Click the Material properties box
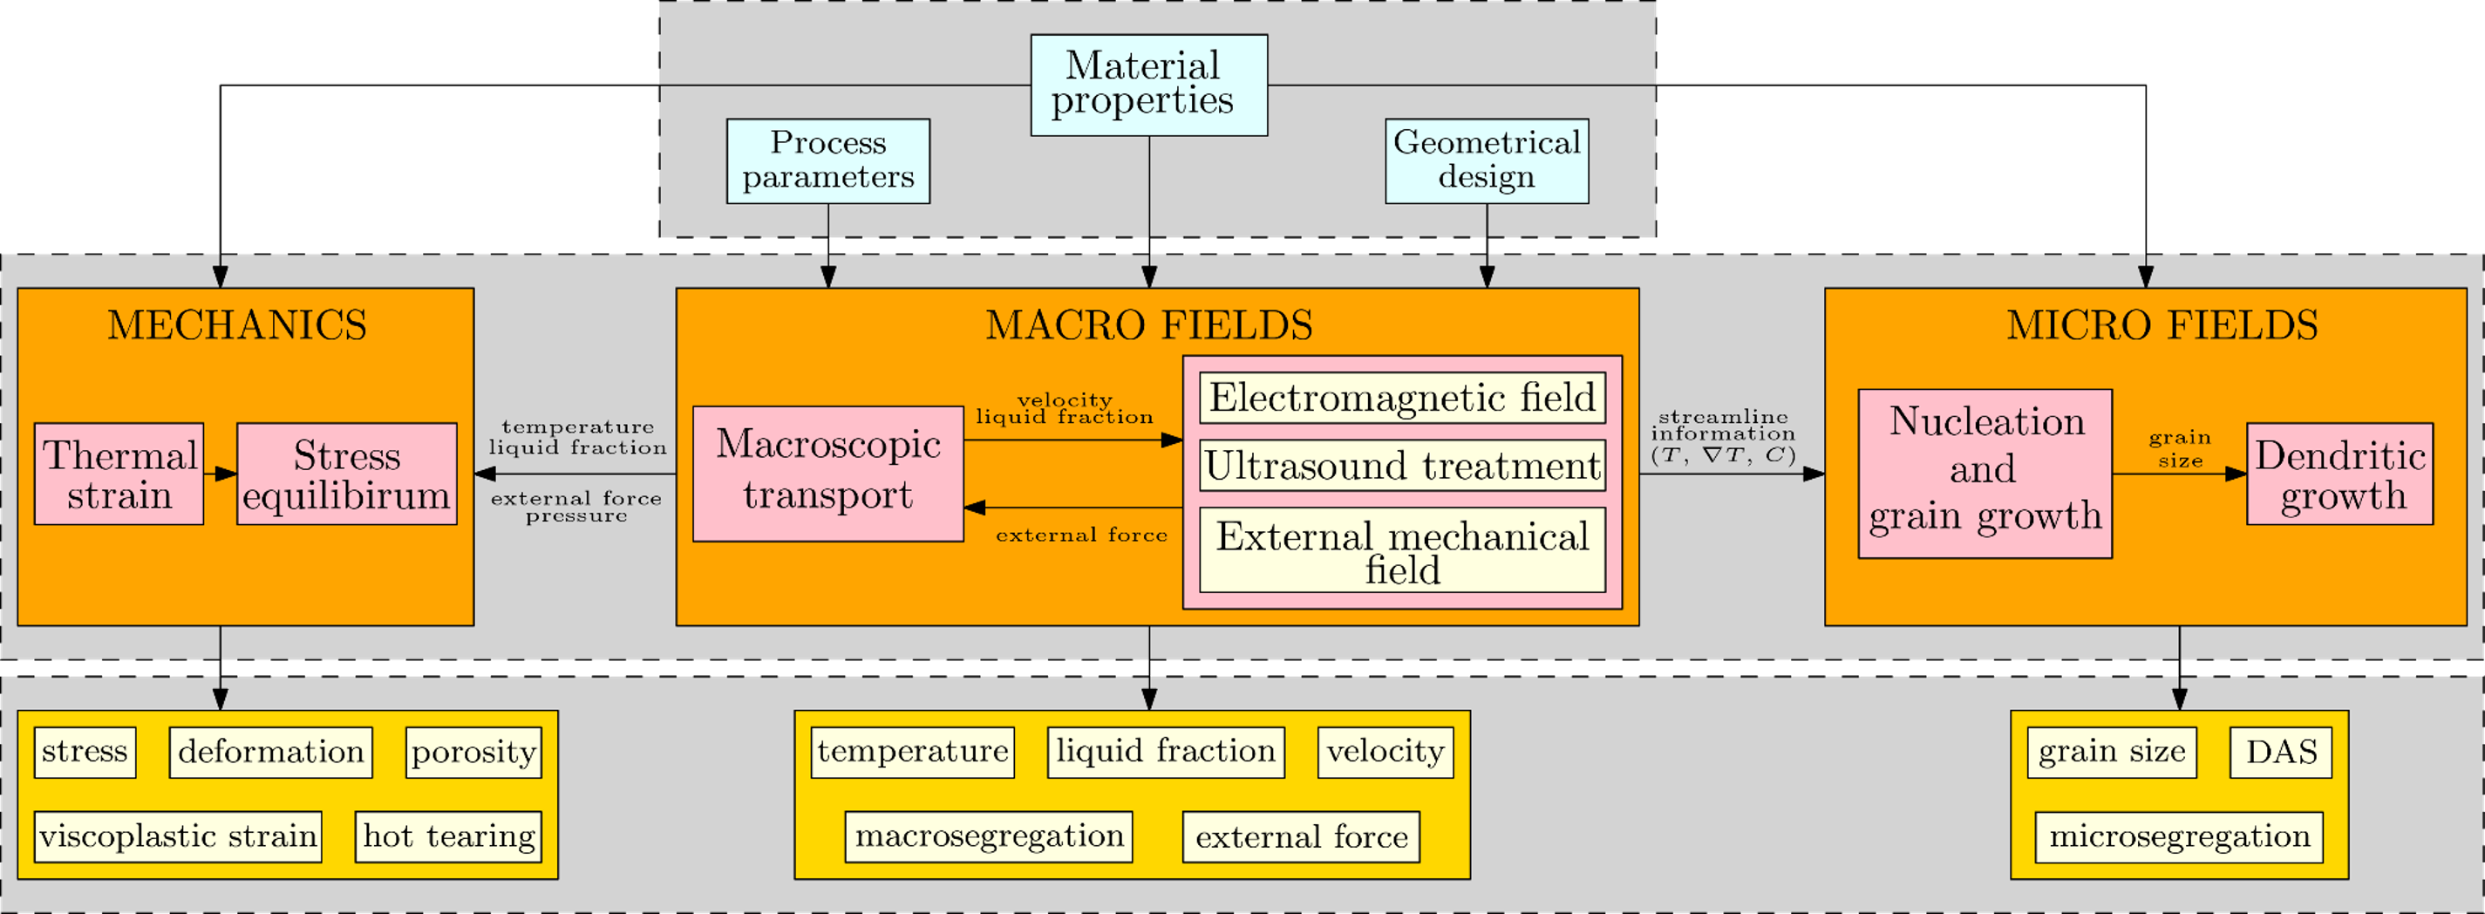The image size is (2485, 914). pos(1148,85)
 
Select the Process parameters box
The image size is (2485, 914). pos(827,160)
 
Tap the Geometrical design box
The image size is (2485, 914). pos(1487,160)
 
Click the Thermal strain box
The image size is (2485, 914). pos(119,474)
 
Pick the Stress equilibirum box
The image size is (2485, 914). pos(346,474)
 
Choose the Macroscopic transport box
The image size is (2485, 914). pos(827,473)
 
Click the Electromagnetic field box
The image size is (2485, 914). pos(1402,398)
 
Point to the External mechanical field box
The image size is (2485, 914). pos(1402,550)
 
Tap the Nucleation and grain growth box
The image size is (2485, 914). pos(1985,473)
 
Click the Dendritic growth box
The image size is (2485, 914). pos(2339,474)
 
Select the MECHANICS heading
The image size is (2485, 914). pos(236,325)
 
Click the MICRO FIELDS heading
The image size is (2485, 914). pos(2162,325)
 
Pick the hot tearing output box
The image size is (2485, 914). pos(448,836)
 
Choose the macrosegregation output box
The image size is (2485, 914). pos(989,836)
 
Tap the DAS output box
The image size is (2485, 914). pos(2280,752)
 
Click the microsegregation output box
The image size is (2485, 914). pos(2179,836)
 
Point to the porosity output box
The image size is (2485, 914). pos(473,752)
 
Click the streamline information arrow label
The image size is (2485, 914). pos(1723,435)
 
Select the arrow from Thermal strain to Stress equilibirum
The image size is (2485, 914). pos(221,474)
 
